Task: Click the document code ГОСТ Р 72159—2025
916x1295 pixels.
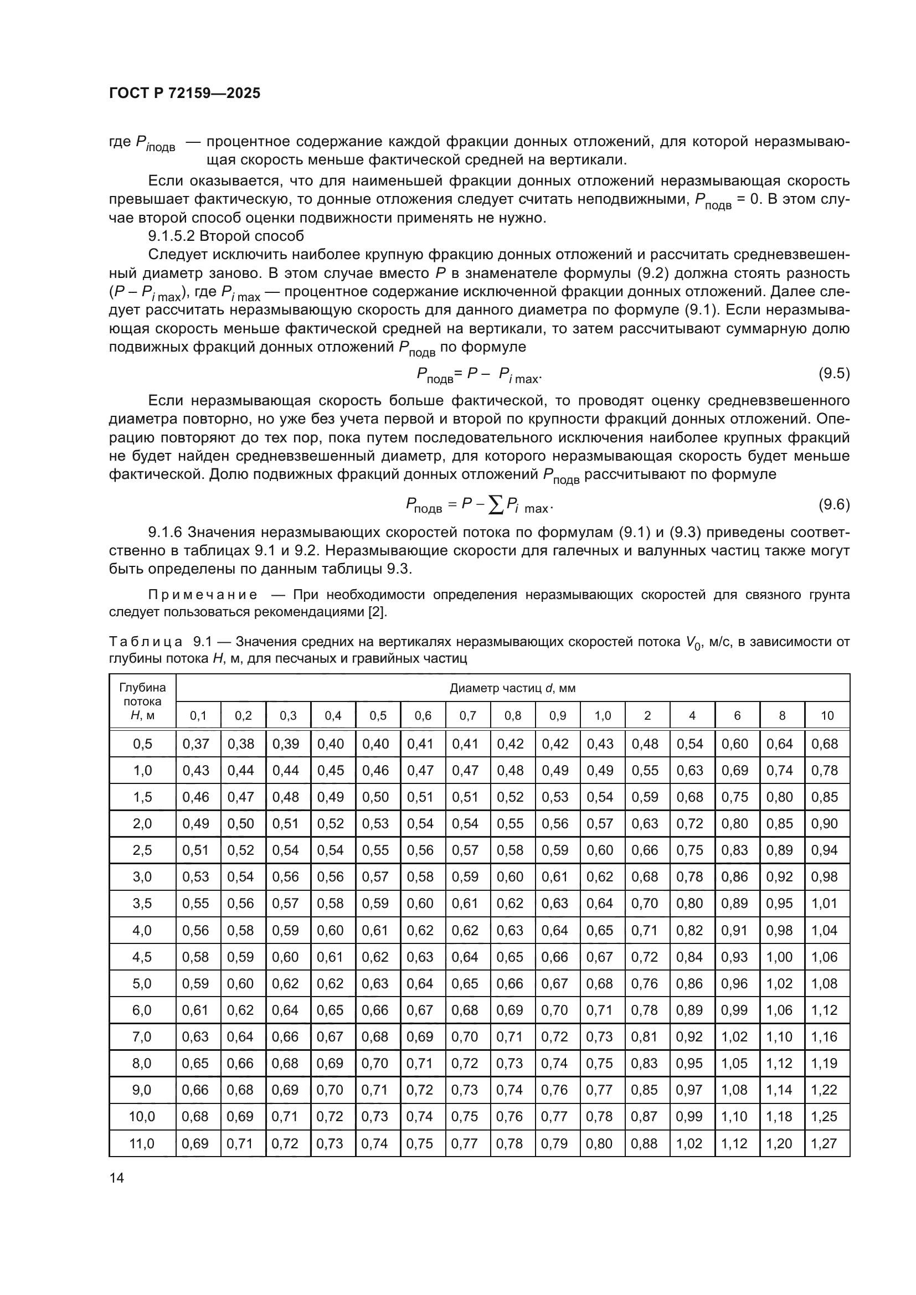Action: point(184,94)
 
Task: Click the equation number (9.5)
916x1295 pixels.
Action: point(833,373)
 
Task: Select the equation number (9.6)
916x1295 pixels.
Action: point(833,504)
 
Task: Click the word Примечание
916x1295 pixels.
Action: point(203,595)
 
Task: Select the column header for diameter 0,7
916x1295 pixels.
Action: point(467,716)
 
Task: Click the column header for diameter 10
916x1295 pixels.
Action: point(827,716)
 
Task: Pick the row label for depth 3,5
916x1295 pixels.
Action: point(142,904)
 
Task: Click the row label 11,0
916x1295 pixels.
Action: point(142,1143)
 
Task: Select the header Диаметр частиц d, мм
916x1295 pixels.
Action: point(512,688)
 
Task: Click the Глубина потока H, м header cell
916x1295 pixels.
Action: point(142,701)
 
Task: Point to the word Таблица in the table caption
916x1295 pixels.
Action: point(146,642)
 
